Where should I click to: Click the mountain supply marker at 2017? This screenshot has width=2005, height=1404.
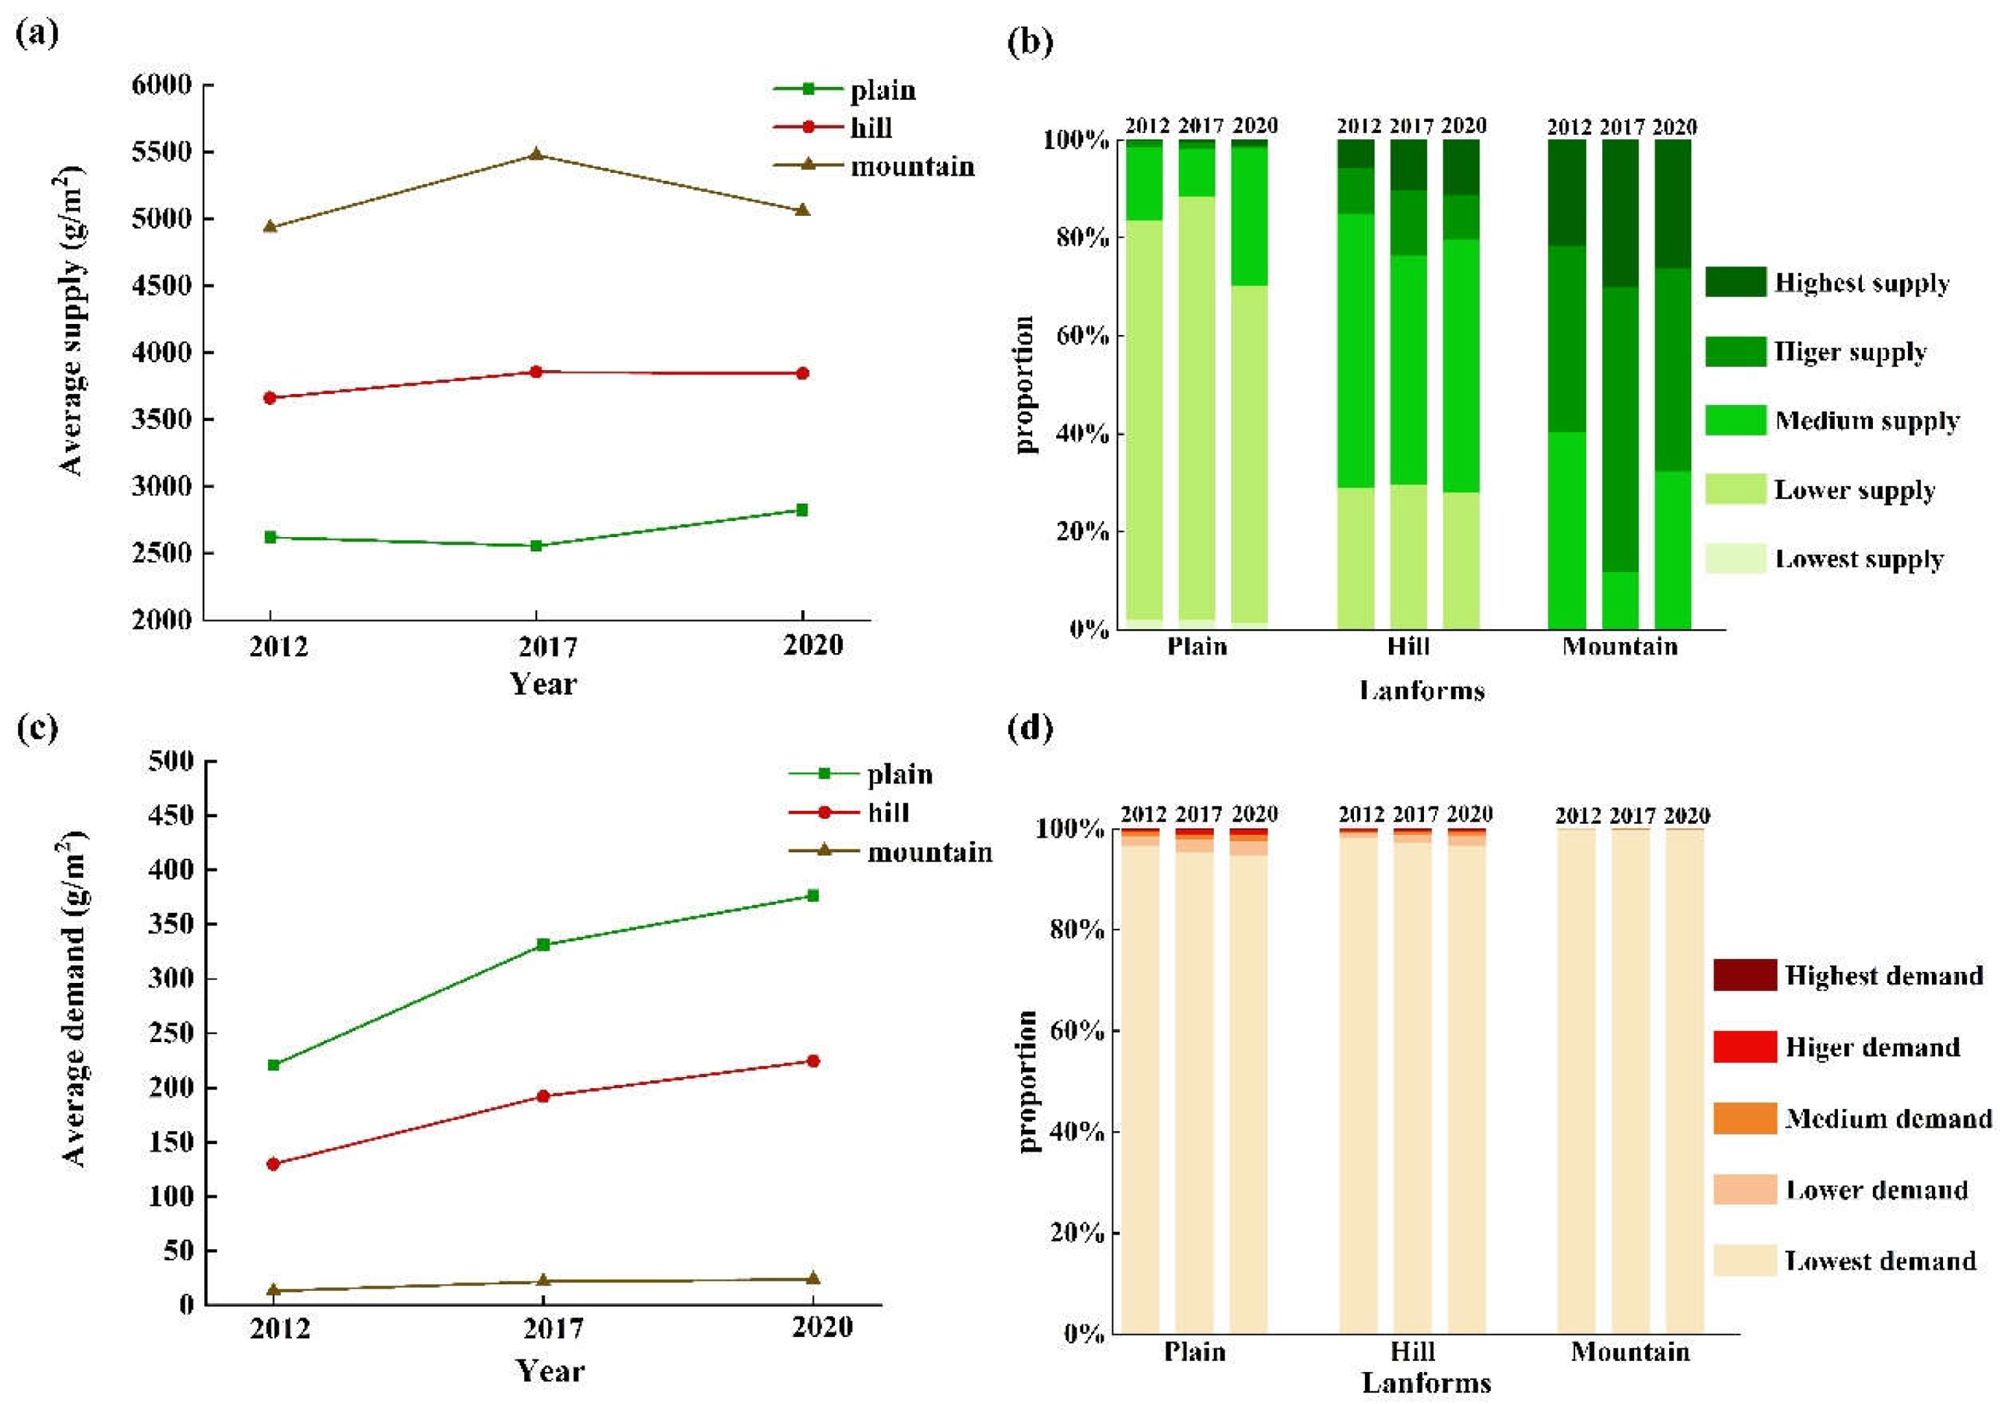point(537,155)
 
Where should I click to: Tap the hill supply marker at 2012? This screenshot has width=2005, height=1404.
point(270,398)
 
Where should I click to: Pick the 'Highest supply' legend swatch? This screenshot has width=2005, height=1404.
point(1735,282)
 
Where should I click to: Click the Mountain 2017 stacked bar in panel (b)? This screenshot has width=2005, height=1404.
point(1620,384)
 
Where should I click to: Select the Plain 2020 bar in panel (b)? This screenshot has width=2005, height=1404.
point(1250,384)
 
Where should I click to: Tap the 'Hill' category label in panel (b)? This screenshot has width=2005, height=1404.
point(1409,647)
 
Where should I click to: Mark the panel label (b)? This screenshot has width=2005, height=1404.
point(1031,41)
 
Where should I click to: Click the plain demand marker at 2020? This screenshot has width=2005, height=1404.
point(812,896)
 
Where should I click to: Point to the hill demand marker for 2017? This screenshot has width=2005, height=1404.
point(543,1096)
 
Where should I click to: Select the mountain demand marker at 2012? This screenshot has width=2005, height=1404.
point(273,1290)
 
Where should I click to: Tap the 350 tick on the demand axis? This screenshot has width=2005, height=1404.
point(170,924)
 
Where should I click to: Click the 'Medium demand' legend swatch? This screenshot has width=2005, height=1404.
point(1744,1119)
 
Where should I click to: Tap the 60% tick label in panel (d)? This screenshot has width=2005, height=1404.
point(1080,1031)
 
